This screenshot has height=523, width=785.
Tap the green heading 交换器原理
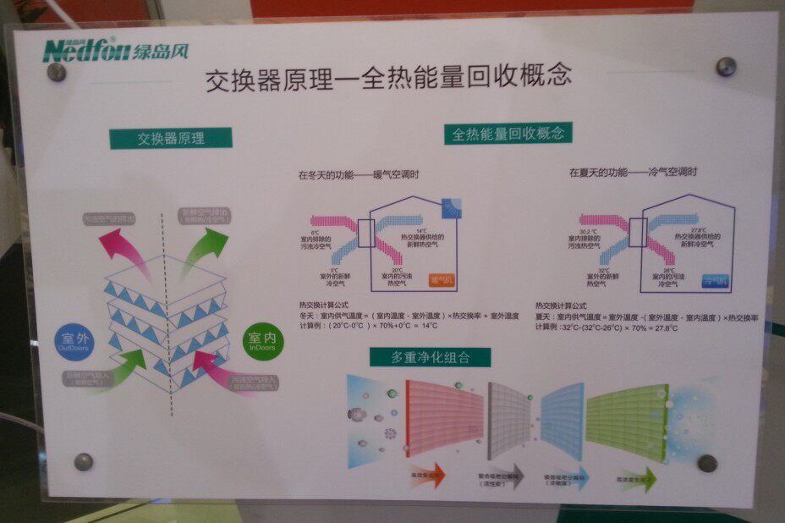pos(170,138)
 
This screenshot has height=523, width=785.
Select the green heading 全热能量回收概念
pos(508,134)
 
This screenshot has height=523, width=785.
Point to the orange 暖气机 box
pos(442,277)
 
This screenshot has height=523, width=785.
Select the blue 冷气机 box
pos(715,278)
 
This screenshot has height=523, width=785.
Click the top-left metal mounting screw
pos(57,72)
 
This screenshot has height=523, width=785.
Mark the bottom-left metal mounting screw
pos(83,461)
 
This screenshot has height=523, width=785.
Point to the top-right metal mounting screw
pos(726,66)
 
